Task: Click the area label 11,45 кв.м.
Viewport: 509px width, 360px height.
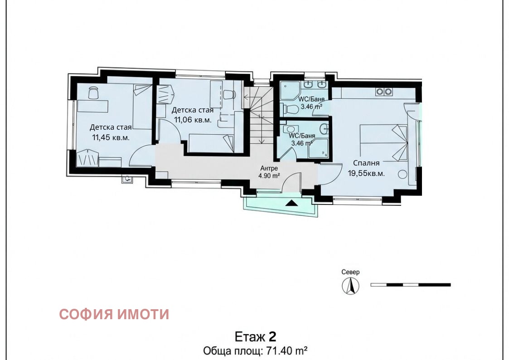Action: (111, 137)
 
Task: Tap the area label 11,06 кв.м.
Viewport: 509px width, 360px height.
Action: (191, 120)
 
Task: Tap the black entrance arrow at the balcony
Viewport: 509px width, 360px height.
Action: (291, 203)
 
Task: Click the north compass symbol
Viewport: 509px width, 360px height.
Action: (350, 286)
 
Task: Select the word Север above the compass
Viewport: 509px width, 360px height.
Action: (350, 272)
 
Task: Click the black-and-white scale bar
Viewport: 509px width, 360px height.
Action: (410, 285)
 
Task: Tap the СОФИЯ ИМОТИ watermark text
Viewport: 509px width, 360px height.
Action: (114, 314)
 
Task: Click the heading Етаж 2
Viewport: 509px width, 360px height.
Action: (255, 336)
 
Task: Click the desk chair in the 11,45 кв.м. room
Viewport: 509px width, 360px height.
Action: (93, 92)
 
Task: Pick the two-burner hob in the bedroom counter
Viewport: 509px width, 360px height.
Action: (384, 92)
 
